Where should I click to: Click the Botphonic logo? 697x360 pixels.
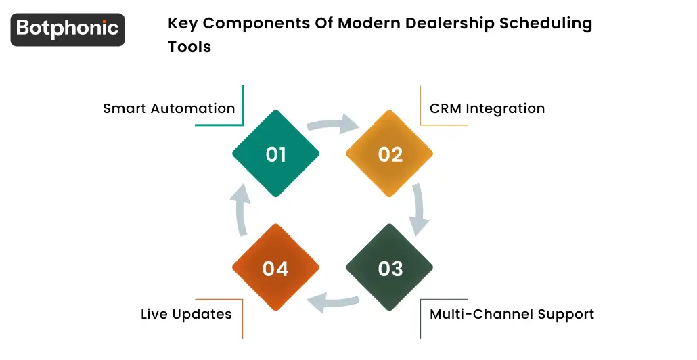pyautogui.click(x=68, y=29)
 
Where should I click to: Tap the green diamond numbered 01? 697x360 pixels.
pyautogui.click(x=275, y=154)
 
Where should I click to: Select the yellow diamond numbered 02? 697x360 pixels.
pyautogui.click(x=390, y=154)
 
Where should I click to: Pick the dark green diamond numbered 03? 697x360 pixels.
pyautogui.click(x=390, y=268)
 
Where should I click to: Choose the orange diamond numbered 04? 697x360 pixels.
pyautogui.click(x=275, y=268)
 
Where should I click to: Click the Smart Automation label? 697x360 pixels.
pyautogui.click(x=168, y=108)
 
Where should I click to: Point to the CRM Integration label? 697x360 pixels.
pyautogui.click(x=487, y=108)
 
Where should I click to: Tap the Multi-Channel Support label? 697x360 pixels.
pyautogui.click(x=512, y=314)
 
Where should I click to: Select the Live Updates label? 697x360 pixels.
pyautogui.click(x=186, y=314)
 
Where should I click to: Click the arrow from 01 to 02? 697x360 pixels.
pyautogui.click(x=333, y=125)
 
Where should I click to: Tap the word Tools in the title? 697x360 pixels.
pyautogui.click(x=189, y=47)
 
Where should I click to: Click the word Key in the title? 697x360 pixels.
pyautogui.click(x=183, y=24)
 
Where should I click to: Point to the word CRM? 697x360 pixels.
pyautogui.click(x=445, y=108)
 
